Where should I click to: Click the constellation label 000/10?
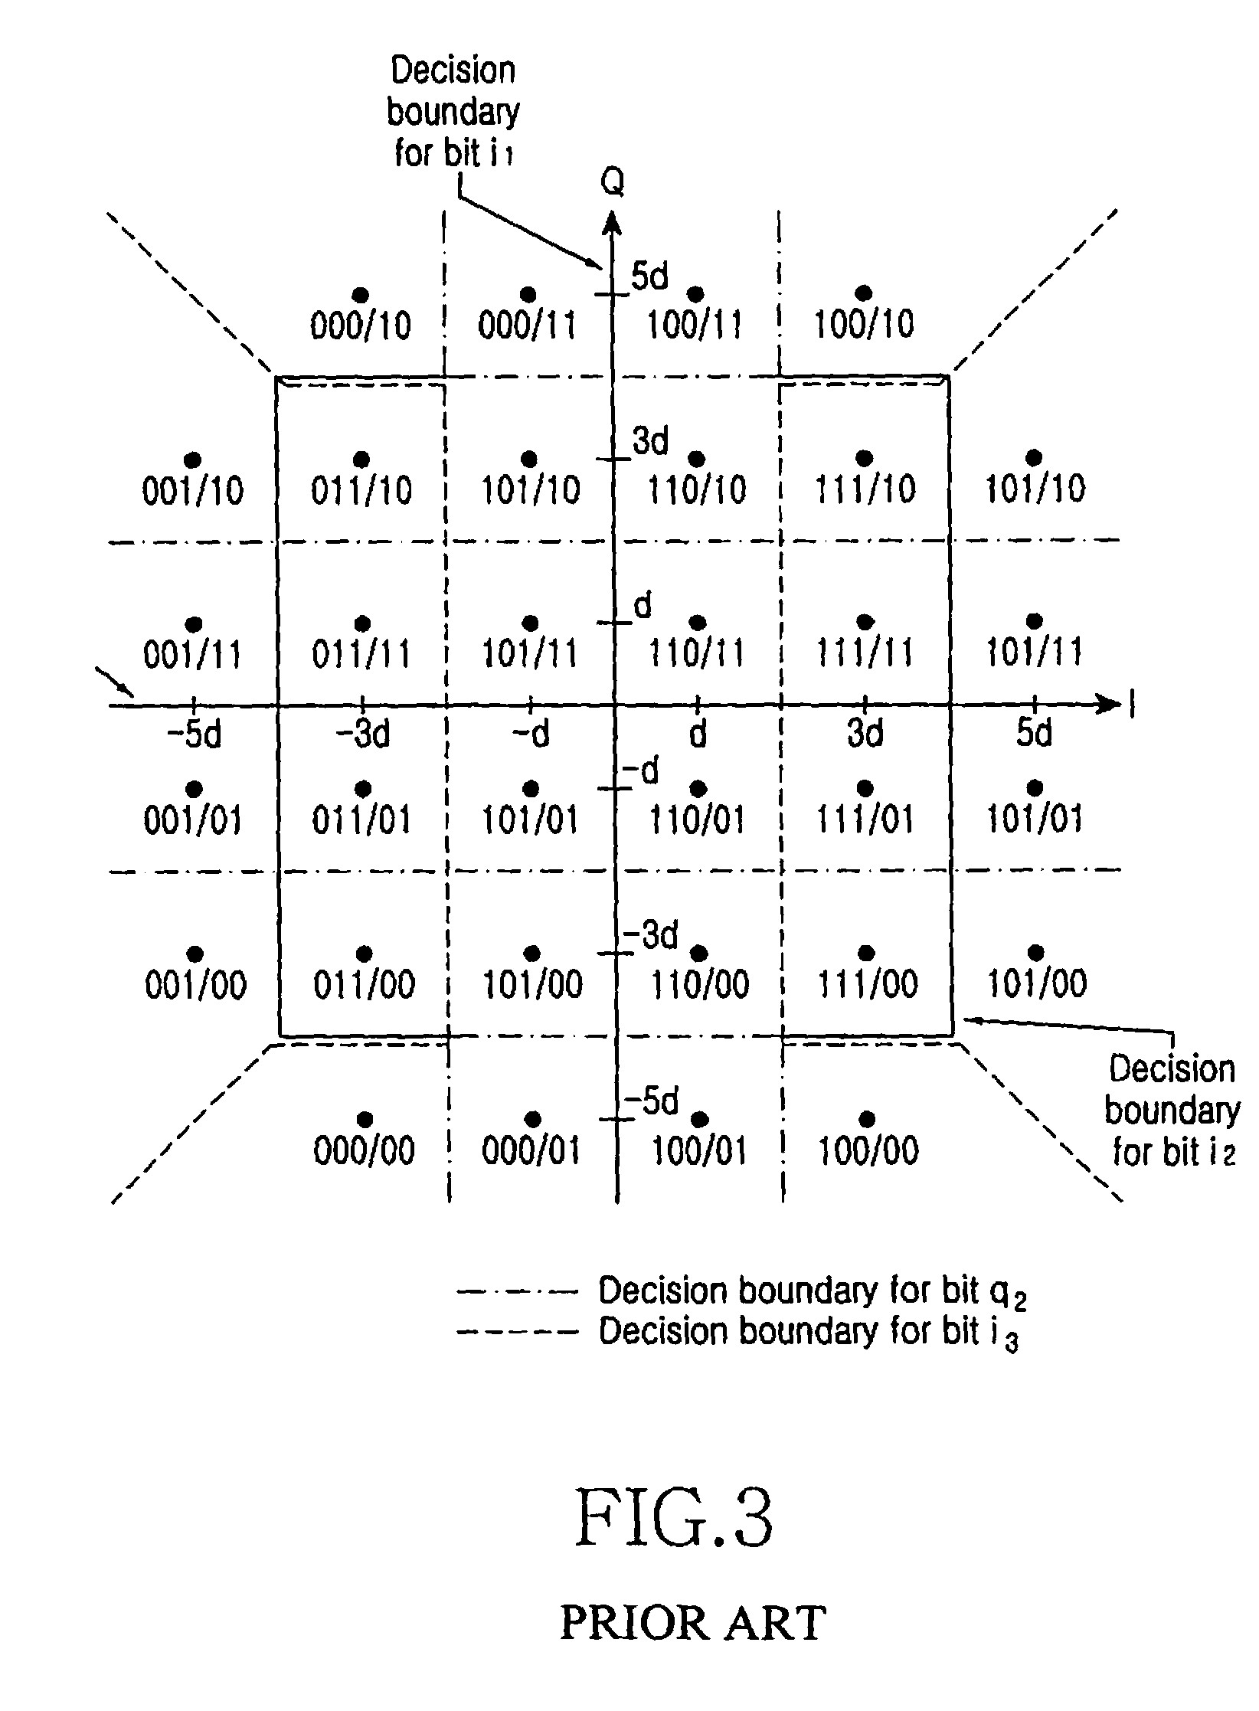click(x=360, y=326)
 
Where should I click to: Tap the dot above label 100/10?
click(x=864, y=292)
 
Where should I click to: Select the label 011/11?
click(x=361, y=653)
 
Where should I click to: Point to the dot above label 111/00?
click(x=866, y=953)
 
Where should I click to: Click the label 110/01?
click(x=697, y=820)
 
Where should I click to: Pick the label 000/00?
click(x=364, y=1150)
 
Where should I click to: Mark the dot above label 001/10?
click(x=193, y=459)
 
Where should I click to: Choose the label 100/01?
click(x=698, y=1150)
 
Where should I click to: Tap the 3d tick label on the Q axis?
click(x=650, y=440)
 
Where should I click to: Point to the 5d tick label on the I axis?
click(x=1034, y=734)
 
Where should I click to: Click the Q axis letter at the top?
click(x=612, y=182)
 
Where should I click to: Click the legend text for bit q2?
click(x=812, y=1292)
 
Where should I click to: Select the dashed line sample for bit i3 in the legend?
click(x=516, y=1332)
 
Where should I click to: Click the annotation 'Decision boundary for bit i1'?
click(x=453, y=112)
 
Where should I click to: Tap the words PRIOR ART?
click(x=693, y=1623)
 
